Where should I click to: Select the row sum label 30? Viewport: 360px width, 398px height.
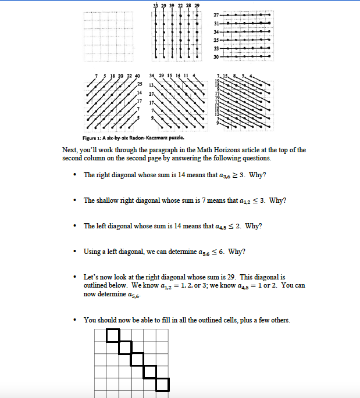(x=217, y=58)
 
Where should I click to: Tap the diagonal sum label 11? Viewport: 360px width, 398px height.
(x=187, y=77)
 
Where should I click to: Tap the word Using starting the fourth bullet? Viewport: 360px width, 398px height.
(x=92, y=252)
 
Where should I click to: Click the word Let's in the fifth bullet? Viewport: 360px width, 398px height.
(x=92, y=278)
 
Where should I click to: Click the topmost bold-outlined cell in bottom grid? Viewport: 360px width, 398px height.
(x=113, y=335)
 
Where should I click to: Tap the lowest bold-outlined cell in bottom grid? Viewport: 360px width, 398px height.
(x=162, y=385)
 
